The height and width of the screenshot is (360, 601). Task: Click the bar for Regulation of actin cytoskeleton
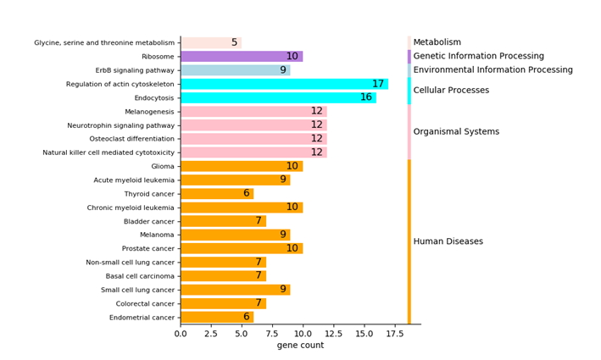(284, 84)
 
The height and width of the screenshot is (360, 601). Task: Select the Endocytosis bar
(278, 97)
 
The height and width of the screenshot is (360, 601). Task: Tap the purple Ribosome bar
(242, 57)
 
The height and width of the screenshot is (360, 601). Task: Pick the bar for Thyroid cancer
(217, 193)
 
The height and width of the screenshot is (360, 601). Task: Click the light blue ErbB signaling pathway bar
(235, 70)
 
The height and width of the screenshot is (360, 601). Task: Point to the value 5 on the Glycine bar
(234, 43)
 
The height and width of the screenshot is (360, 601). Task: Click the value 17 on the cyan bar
(378, 84)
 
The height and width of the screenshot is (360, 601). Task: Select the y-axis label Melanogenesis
(149, 112)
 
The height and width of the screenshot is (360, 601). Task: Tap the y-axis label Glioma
(163, 166)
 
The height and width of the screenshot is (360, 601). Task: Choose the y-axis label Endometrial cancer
(142, 318)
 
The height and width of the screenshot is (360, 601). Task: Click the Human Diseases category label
(448, 241)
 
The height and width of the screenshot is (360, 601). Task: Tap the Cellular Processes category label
(450, 91)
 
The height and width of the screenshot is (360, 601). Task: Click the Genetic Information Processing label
(478, 56)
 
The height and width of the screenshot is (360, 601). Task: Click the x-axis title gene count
(300, 346)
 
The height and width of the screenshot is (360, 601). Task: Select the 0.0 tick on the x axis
(181, 334)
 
